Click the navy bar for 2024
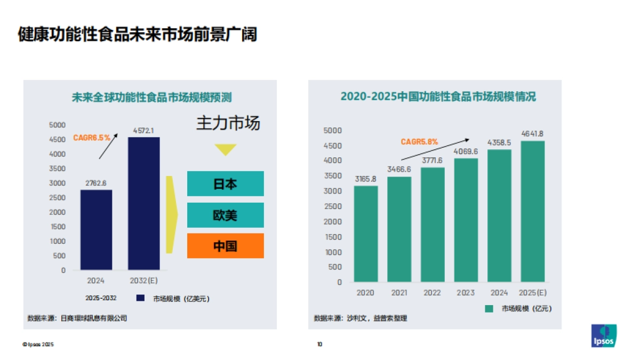click(x=97, y=230)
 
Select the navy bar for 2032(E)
click(x=144, y=203)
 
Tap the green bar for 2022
click(x=433, y=225)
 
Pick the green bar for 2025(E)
click(x=533, y=211)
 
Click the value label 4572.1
click(x=144, y=130)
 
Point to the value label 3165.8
click(x=366, y=179)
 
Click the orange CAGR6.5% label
click(x=92, y=138)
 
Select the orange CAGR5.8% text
click(x=419, y=142)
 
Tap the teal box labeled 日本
click(x=225, y=184)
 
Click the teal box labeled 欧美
click(x=225, y=215)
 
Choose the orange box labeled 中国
click(x=225, y=246)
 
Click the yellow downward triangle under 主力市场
click(x=226, y=150)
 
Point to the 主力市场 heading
click(x=228, y=123)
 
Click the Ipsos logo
click(x=604, y=335)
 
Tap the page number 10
click(x=319, y=345)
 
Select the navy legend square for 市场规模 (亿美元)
click(x=141, y=298)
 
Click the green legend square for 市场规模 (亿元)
click(x=489, y=308)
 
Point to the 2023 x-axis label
click(x=466, y=293)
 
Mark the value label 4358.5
click(x=499, y=142)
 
